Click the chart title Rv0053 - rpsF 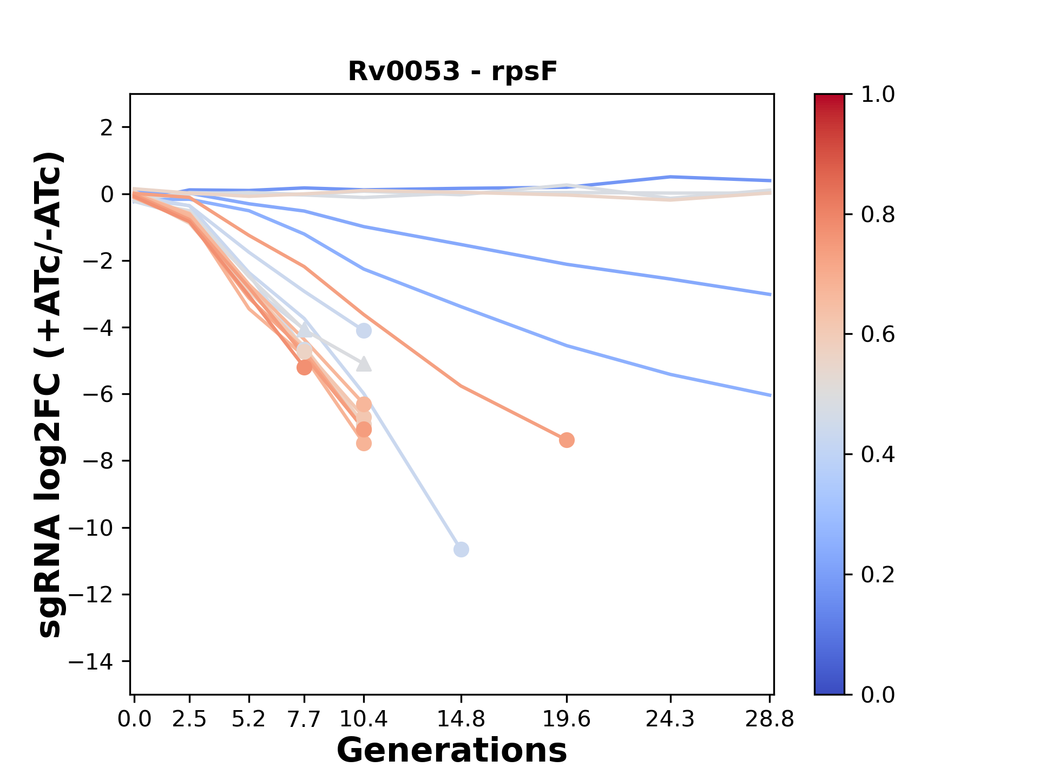click(x=452, y=71)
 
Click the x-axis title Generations click(x=452, y=751)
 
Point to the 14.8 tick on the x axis click(x=461, y=719)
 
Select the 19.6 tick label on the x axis click(x=566, y=719)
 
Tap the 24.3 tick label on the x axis click(x=670, y=719)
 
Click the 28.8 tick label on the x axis click(x=770, y=719)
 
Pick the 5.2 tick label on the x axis click(x=248, y=719)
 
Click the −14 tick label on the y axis click(x=97, y=661)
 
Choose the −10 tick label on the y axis click(x=97, y=528)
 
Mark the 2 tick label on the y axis click(x=107, y=128)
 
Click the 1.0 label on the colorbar click(x=878, y=95)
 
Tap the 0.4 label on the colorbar click(x=878, y=454)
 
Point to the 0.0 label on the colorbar click(x=878, y=694)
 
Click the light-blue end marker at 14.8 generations click(x=461, y=550)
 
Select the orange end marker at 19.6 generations click(x=567, y=440)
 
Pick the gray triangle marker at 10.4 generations click(x=364, y=364)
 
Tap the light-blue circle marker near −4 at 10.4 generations click(x=364, y=330)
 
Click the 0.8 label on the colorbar click(x=878, y=215)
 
